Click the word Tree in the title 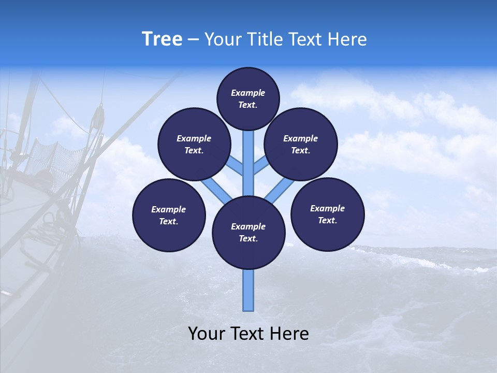pos(162,39)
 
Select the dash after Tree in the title pos(193,40)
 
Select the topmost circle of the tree pos(248,98)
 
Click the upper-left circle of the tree pos(194,144)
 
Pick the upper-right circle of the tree pos(301,144)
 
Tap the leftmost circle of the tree pos(169,215)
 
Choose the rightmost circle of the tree pos(328,214)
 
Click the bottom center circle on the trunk pos(248,233)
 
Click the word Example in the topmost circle pos(248,93)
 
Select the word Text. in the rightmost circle pos(328,220)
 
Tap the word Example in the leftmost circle pos(168,209)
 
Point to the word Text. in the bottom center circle pos(248,238)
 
